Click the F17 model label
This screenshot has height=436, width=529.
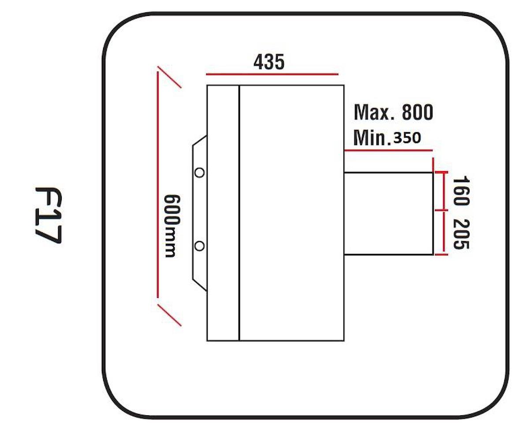tap(48, 215)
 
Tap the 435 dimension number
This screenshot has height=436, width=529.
tap(269, 62)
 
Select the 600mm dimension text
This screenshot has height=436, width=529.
tap(172, 226)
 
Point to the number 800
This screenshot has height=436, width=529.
tap(417, 112)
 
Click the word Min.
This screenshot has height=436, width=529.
tap(372, 138)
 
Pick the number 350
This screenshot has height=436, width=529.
tap(407, 138)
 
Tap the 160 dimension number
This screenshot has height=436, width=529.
tap(461, 191)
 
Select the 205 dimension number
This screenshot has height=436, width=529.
tap(461, 235)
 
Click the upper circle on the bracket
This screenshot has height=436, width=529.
tap(199, 172)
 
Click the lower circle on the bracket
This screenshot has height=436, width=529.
tap(199, 246)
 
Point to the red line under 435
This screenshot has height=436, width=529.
tap(272, 74)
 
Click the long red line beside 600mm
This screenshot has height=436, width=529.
tap(157, 184)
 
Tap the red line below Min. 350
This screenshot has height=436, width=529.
tap(388, 150)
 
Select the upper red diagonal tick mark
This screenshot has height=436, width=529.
tap(169, 77)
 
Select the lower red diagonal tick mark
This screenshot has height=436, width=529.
tap(169, 315)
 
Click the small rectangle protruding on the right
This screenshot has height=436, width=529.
tap(389, 213)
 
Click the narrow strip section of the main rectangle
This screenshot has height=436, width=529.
tap(223, 213)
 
